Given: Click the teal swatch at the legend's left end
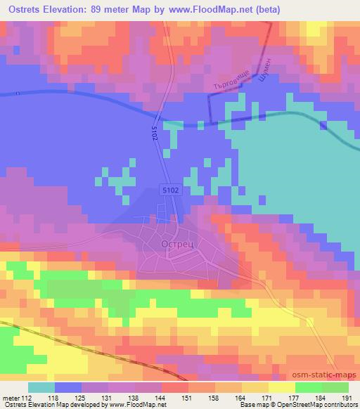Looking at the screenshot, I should [x=41, y=387].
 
